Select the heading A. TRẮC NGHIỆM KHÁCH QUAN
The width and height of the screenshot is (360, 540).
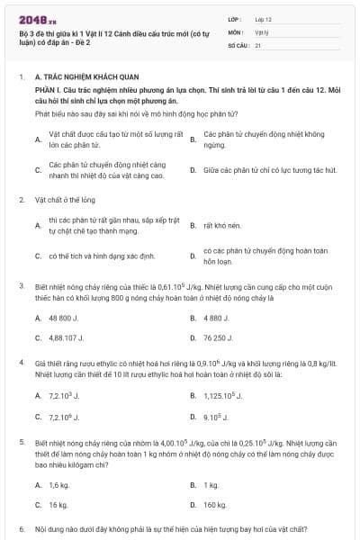coord(79,78)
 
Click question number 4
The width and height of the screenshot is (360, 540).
coord(21,364)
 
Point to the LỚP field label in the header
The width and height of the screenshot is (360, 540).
coord(235,18)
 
